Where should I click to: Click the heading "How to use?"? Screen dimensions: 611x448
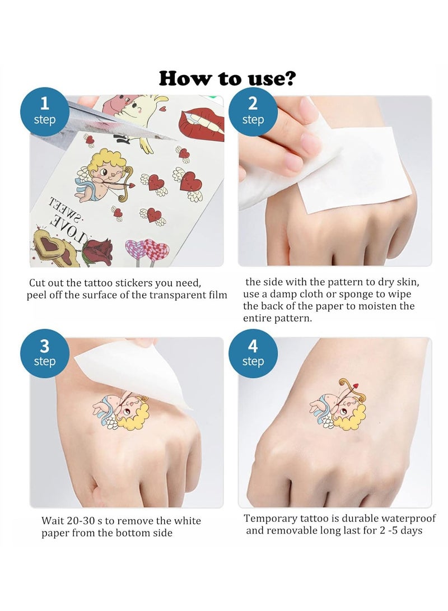227,78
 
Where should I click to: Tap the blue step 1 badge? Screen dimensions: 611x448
45,110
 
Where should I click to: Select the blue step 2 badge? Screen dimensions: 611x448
253,110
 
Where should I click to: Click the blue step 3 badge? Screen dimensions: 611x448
45,352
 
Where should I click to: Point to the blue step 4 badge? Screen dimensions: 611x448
253,352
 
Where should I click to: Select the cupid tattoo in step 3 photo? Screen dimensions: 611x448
120,412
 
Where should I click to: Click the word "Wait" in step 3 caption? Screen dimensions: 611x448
52,521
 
